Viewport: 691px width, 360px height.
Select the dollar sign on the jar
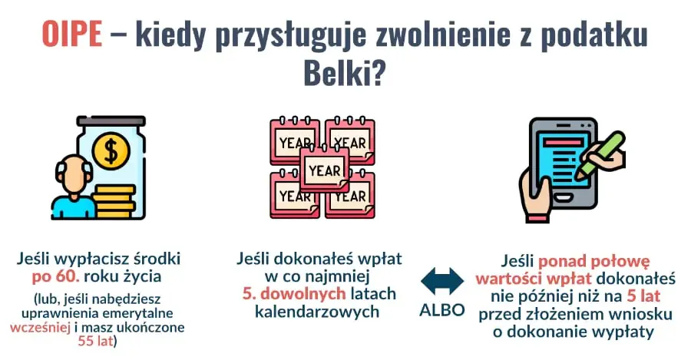coord(111,150)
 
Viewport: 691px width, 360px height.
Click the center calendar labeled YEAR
coord(325,170)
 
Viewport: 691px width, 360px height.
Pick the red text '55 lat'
coord(95,340)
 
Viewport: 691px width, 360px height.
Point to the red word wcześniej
coord(38,326)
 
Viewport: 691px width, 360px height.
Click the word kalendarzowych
coord(320,312)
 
